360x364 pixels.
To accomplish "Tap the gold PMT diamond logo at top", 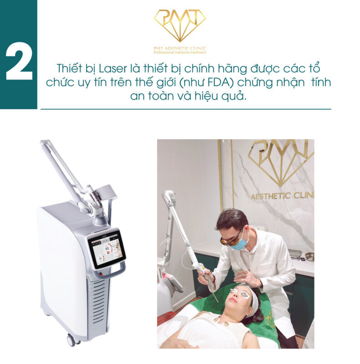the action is [x=180, y=25].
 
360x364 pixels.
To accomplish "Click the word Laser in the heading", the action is [x=113, y=69].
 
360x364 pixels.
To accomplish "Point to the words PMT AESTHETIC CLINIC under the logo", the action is [x=180, y=48].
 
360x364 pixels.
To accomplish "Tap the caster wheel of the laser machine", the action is [x=71, y=339].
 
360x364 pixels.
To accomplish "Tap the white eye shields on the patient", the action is [x=240, y=293].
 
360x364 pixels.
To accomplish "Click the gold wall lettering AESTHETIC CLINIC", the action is [x=283, y=196].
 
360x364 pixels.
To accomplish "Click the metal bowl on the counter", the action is [x=309, y=256].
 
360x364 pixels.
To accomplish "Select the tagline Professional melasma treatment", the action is [x=180, y=52].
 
